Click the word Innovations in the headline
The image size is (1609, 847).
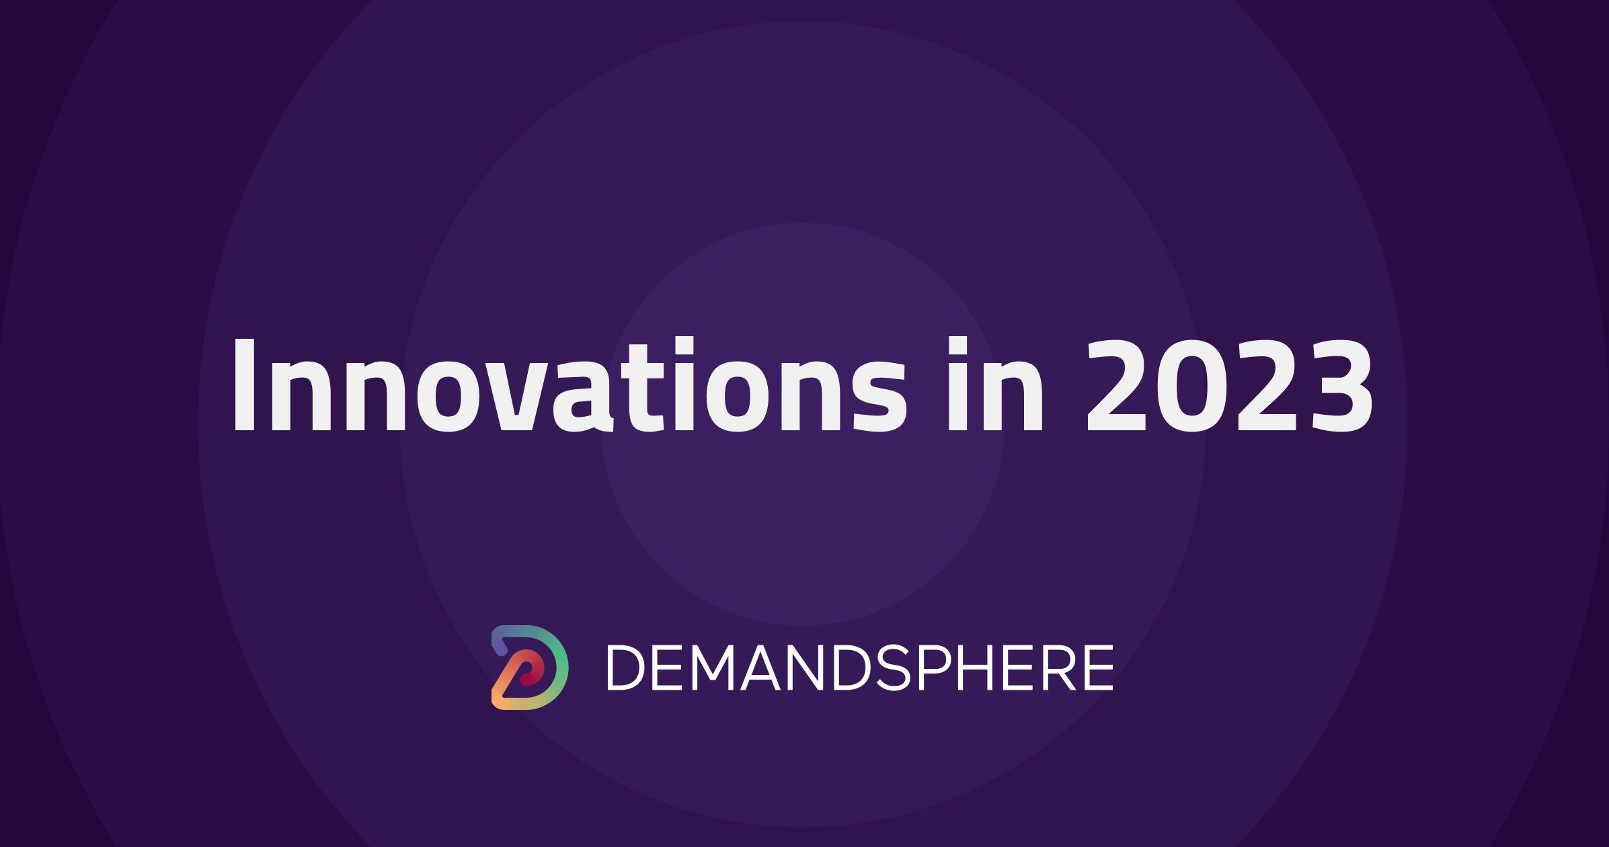(x=569, y=384)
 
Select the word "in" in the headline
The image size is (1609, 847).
(x=995, y=384)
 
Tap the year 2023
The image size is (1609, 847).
(x=1230, y=385)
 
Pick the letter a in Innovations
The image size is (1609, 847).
(x=583, y=395)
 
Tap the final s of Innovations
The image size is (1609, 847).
(x=879, y=395)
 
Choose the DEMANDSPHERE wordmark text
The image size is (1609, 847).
(x=861, y=668)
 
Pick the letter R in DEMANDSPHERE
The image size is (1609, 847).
(x=1058, y=668)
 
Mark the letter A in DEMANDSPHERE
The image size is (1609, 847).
(x=760, y=668)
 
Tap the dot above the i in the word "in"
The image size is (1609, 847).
(x=958, y=344)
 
